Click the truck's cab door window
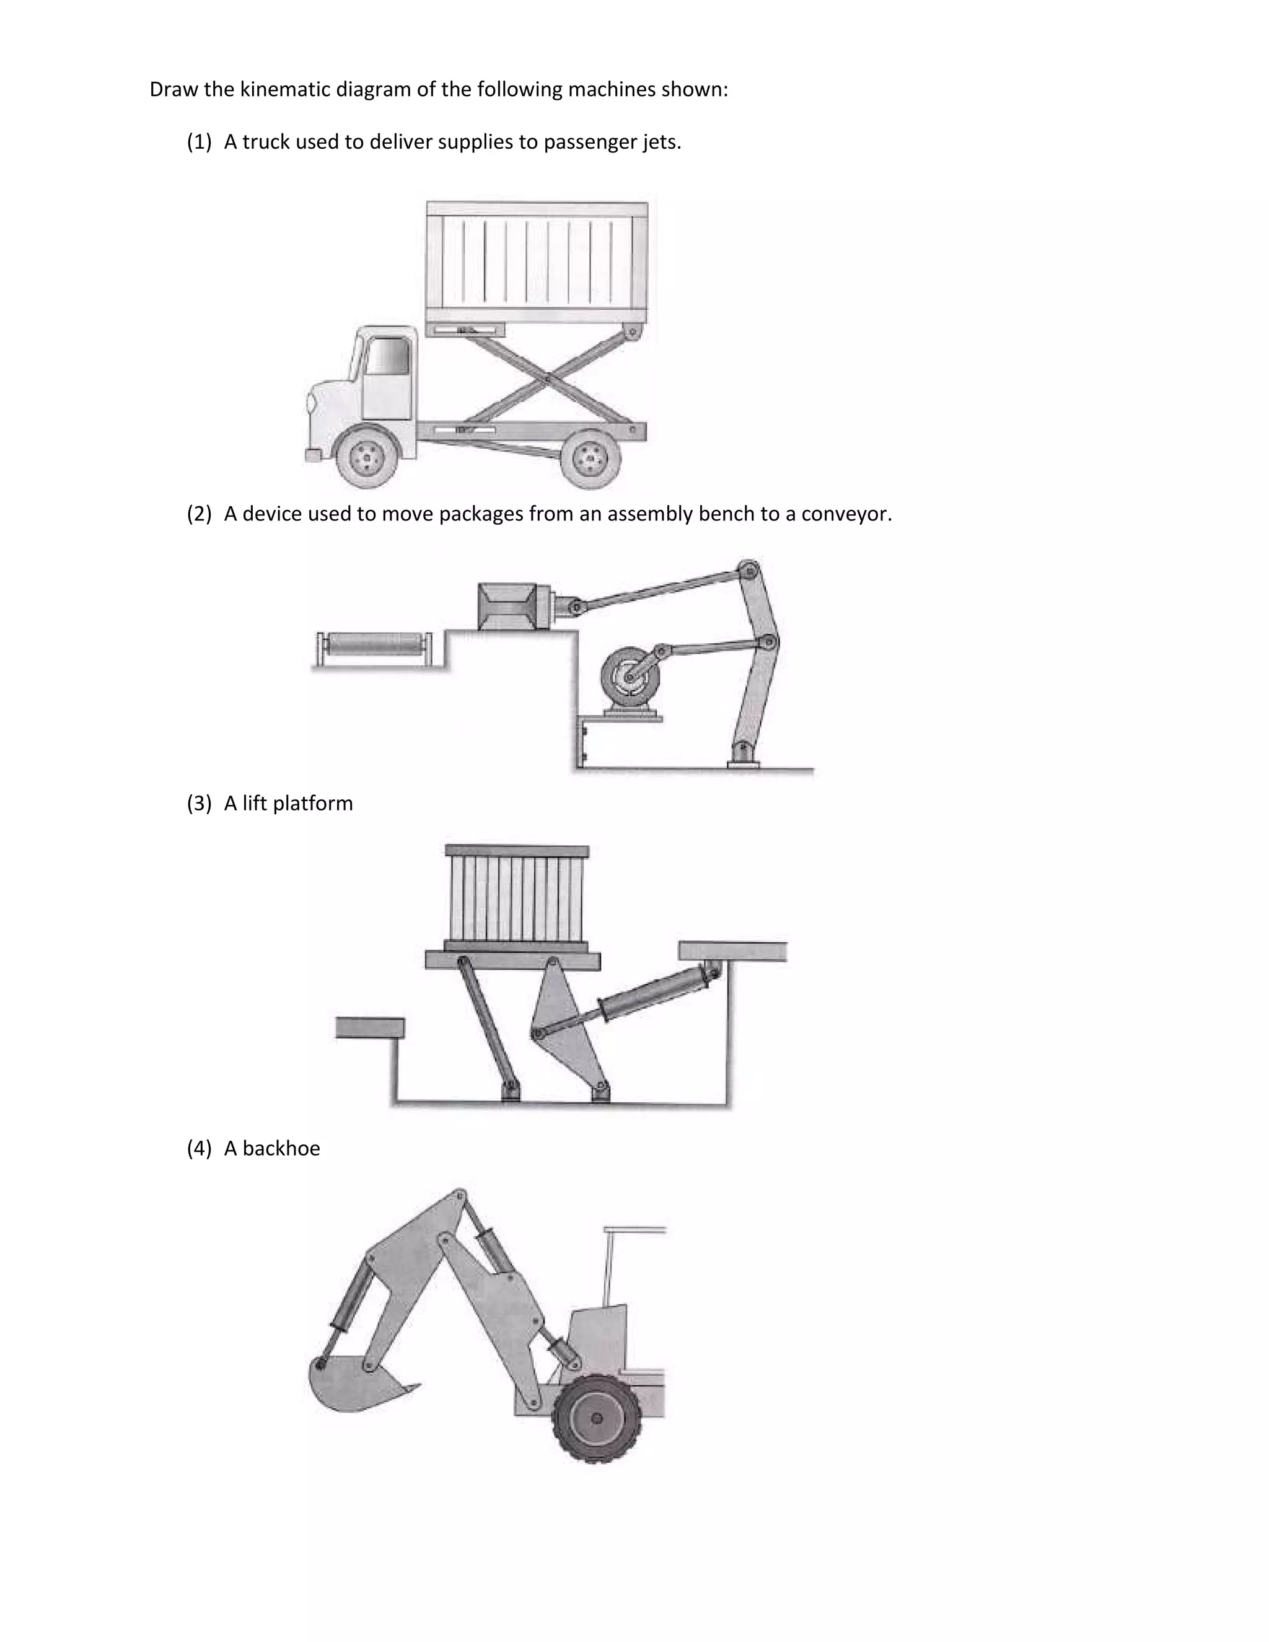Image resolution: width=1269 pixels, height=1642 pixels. [388, 356]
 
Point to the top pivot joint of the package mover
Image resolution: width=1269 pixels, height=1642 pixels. [749, 569]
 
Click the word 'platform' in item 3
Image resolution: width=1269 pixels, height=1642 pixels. [313, 804]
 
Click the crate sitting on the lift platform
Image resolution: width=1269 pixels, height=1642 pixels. [517, 898]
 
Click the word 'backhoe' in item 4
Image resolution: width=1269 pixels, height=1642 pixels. [281, 1149]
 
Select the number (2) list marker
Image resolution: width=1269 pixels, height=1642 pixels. [200, 514]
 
